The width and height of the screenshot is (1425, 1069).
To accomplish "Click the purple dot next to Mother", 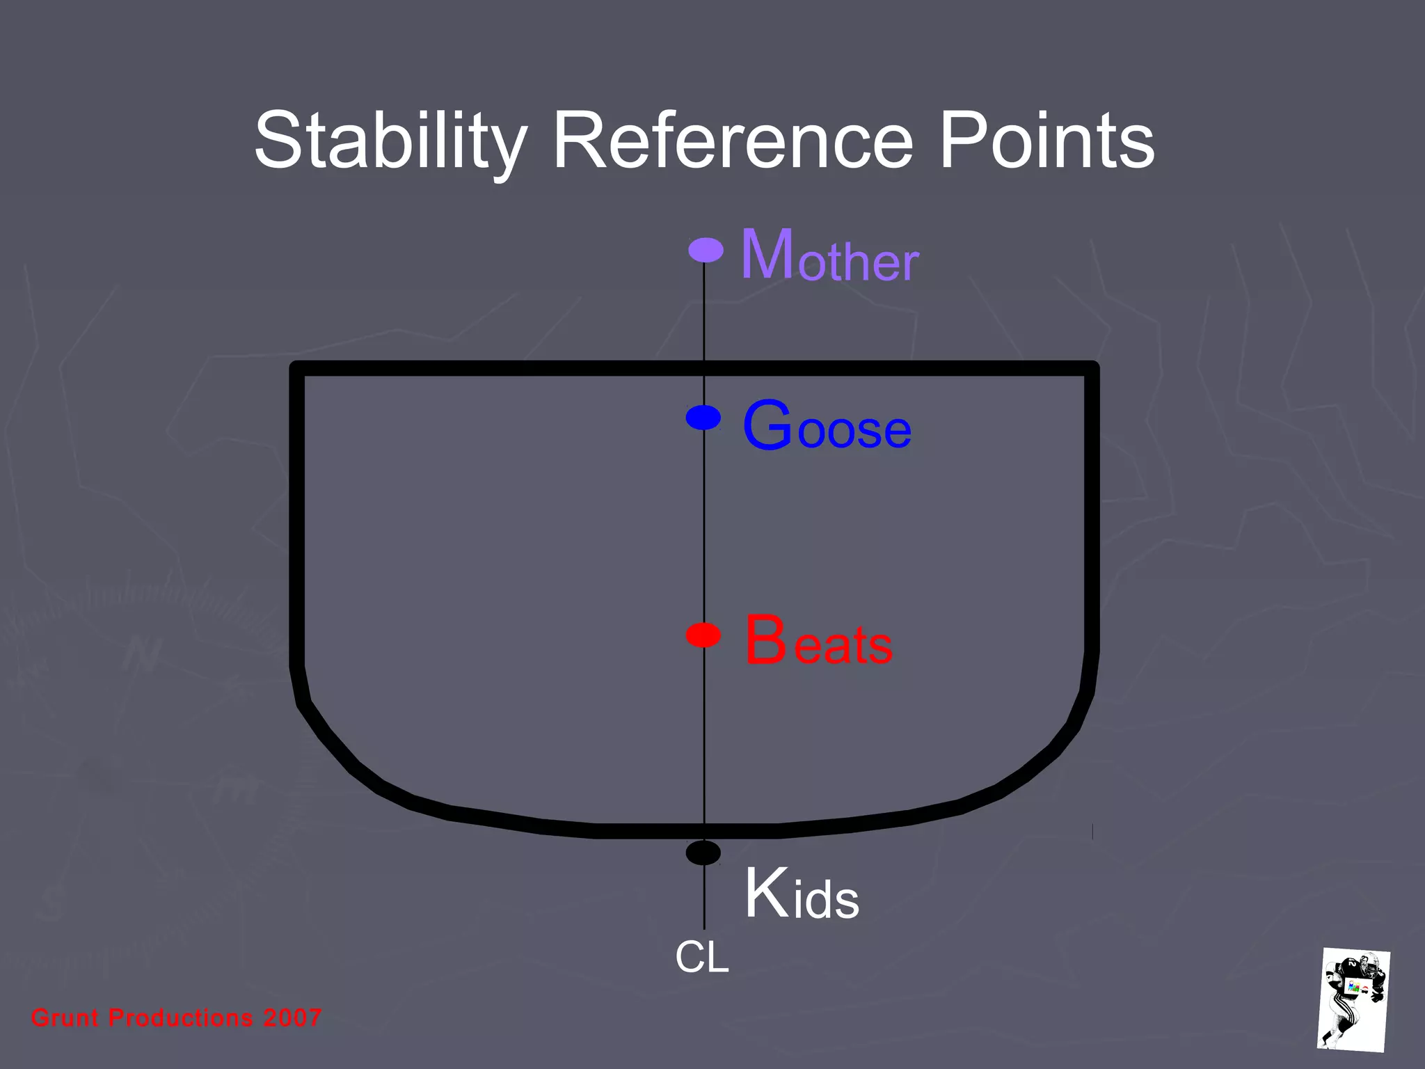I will pos(706,250).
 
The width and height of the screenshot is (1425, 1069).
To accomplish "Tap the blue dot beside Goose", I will pos(703,418).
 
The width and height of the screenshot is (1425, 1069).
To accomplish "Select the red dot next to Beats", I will pos(703,635).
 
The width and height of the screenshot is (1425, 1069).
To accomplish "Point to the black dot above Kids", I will pos(703,853).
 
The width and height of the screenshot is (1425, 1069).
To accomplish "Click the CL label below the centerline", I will pos(702,957).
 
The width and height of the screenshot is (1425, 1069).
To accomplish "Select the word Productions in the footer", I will pos(181,1017).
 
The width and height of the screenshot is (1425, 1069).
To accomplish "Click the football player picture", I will pos(1353,999).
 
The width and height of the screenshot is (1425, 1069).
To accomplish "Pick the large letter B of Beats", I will pos(765,640).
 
